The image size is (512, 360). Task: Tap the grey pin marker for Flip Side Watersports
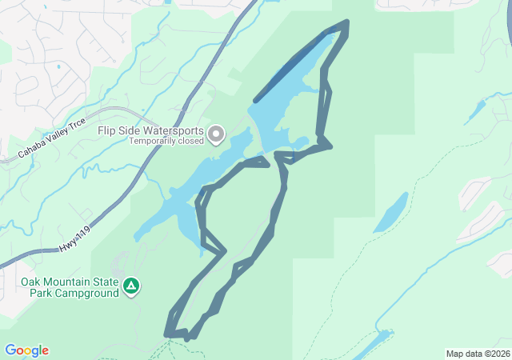(x=216, y=134)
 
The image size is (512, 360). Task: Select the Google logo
(x=26, y=350)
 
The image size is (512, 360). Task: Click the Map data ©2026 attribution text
(x=477, y=354)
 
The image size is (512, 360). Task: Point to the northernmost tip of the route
(x=346, y=22)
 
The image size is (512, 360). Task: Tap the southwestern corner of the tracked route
(x=167, y=334)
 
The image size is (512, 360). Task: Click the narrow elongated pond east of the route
(x=390, y=212)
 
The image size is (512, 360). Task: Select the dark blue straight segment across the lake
(x=290, y=68)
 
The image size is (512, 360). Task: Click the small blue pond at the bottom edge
(x=372, y=346)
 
